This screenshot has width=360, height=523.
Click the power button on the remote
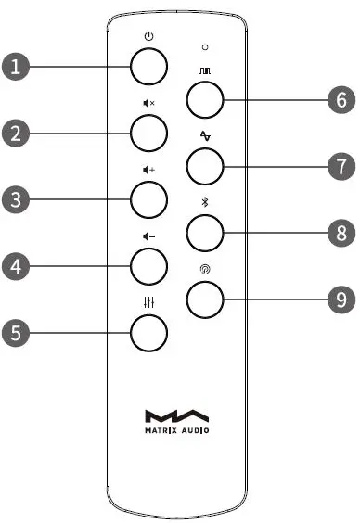click(148, 67)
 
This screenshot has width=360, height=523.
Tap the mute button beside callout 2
click(148, 133)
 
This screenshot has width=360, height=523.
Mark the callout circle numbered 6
click(341, 99)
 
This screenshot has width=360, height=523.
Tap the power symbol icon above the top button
click(148, 37)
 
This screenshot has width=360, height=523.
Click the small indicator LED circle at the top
click(205, 45)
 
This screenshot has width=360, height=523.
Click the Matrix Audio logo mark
click(177, 416)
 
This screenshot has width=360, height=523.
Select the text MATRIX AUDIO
click(177, 430)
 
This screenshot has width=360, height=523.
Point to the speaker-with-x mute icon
click(148, 104)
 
